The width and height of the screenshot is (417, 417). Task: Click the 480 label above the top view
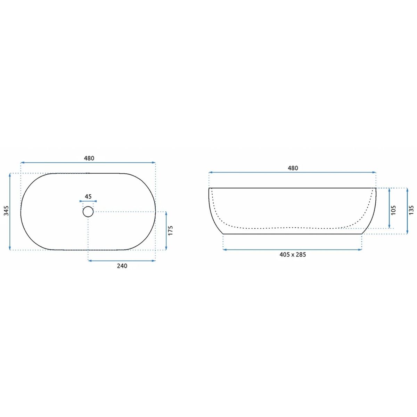(89, 158)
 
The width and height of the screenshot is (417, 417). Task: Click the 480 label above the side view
(293, 168)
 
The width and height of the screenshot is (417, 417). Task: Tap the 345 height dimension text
(6, 211)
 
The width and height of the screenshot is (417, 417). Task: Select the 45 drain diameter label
(88, 196)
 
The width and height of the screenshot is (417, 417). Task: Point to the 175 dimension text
(171, 231)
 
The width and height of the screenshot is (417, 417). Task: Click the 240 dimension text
(122, 266)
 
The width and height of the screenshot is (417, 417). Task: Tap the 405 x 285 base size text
(293, 254)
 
